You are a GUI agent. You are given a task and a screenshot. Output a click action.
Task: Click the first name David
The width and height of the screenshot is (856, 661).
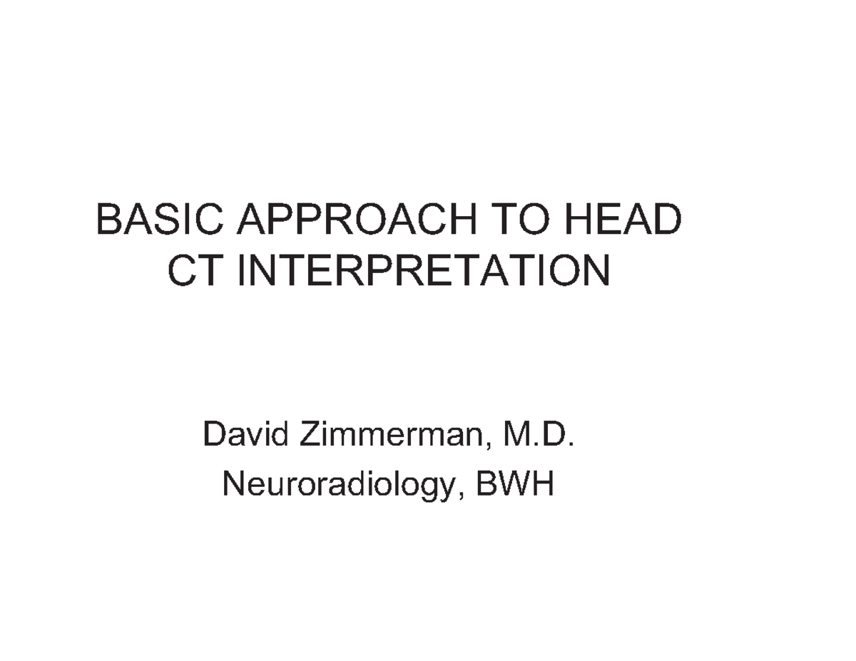point(245,434)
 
